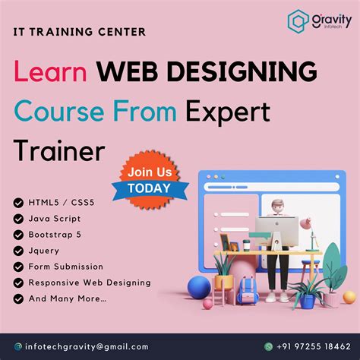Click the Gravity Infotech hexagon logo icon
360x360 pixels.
tap(298, 21)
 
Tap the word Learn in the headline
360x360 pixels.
tap(52, 74)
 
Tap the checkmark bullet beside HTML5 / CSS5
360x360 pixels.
tap(18, 203)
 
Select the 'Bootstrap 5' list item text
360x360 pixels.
tap(55, 235)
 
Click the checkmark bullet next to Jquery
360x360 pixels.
tap(18, 251)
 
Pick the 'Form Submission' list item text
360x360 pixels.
tap(66, 267)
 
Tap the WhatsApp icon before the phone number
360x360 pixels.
tap(268, 346)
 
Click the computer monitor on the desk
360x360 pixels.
tap(276, 229)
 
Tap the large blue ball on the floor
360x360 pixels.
tap(200, 288)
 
